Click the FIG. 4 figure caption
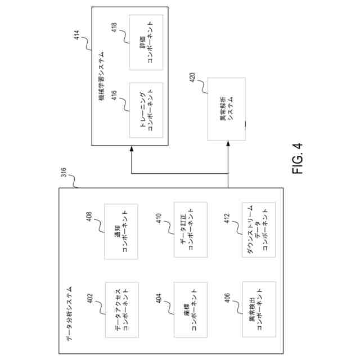click(298, 159)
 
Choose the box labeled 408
click(121, 231)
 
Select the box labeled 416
click(146, 110)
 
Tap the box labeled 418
click(146, 42)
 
